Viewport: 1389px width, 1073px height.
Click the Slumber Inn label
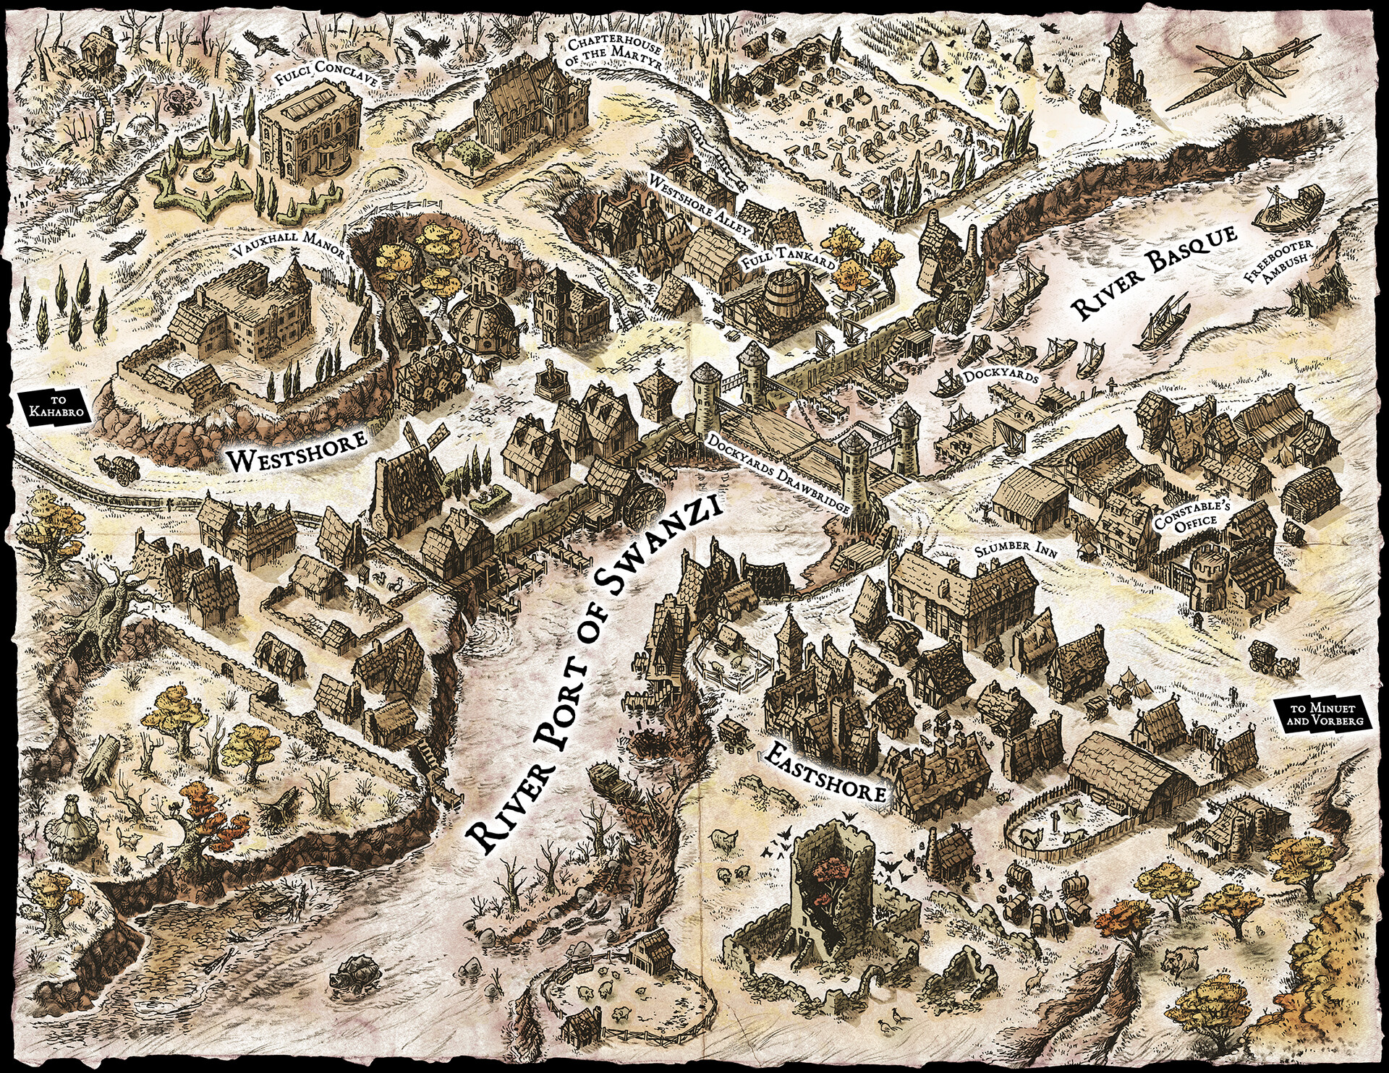pos(1015,550)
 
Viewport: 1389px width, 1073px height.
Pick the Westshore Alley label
pos(702,205)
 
